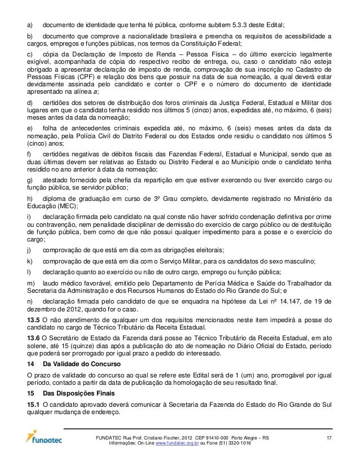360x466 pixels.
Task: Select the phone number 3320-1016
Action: click(x=236, y=443)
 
